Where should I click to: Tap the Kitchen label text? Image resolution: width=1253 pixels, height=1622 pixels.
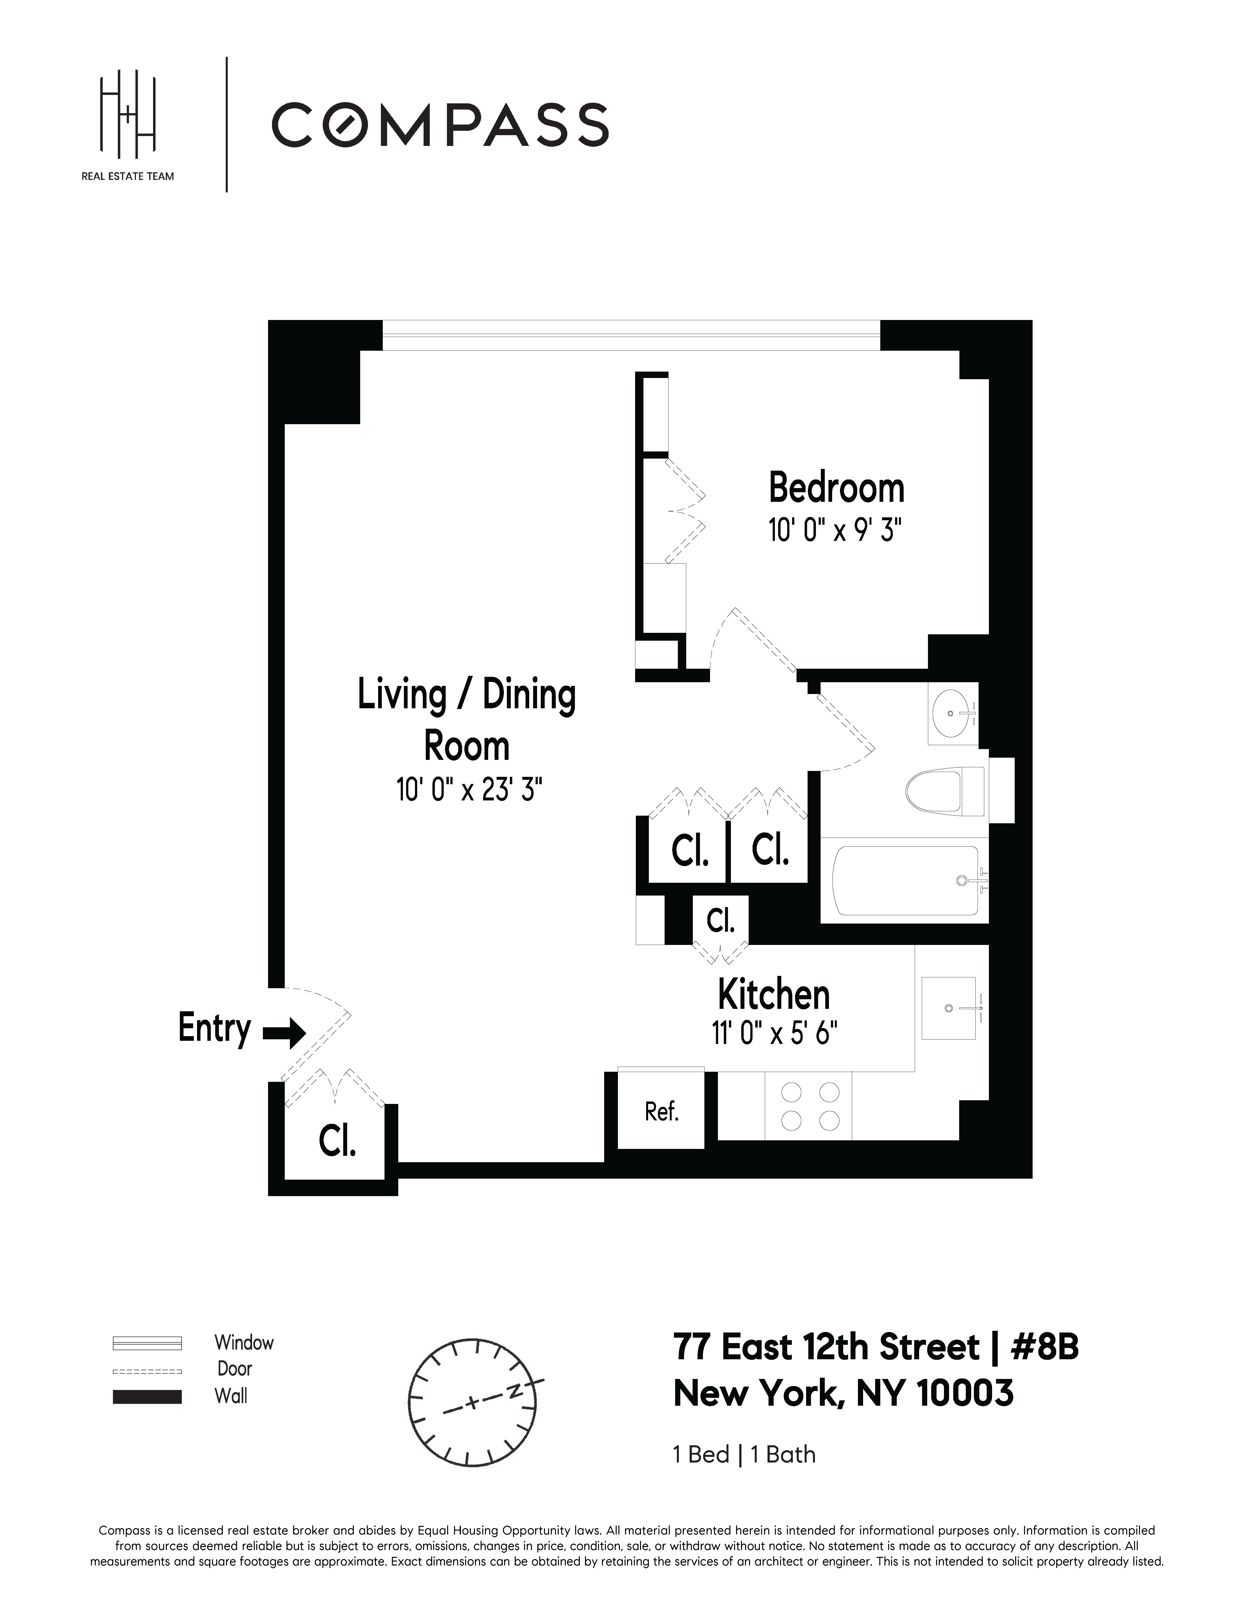tap(773, 995)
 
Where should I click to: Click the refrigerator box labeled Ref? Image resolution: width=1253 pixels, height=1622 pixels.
tap(661, 1112)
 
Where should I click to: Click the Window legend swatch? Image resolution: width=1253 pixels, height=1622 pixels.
tap(147, 1343)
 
